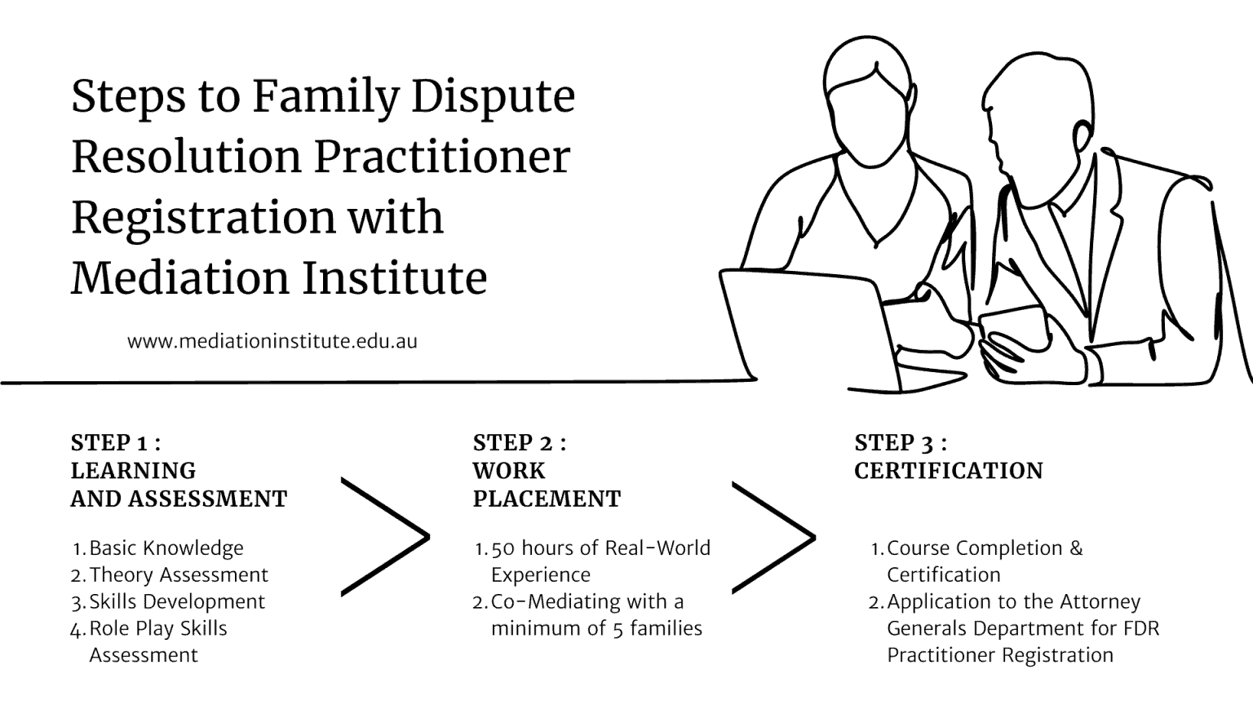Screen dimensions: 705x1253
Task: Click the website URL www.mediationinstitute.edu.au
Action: point(272,341)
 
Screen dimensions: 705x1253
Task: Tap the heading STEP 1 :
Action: point(115,443)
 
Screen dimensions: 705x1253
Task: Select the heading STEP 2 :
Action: point(519,443)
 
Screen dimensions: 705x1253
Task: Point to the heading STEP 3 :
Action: point(901,443)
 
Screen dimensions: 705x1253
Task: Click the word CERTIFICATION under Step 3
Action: point(949,471)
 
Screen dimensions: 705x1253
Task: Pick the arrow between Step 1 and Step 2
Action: point(385,536)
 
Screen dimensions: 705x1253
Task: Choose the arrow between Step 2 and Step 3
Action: point(773,536)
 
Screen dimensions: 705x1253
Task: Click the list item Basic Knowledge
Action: point(166,548)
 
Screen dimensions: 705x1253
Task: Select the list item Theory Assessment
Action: point(179,575)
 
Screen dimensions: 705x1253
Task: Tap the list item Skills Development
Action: point(177,602)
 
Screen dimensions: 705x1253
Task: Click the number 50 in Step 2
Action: point(503,548)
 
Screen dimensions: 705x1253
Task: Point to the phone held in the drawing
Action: point(1014,326)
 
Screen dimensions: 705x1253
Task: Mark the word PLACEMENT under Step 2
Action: point(547,499)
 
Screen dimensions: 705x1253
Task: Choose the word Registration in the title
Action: point(203,217)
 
